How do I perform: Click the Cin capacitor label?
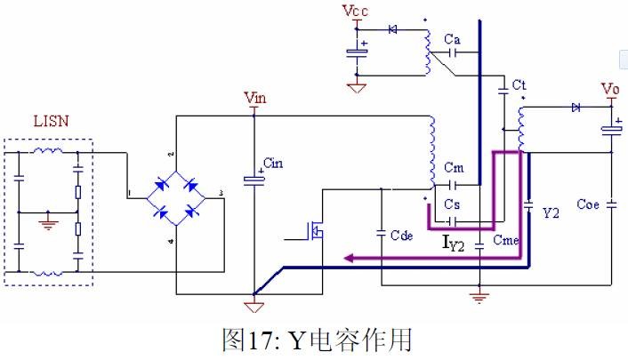[273, 164]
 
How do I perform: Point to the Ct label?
[520, 84]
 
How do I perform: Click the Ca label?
[452, 39]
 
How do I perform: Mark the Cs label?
[454, 204]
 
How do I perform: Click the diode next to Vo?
[575, 108]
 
